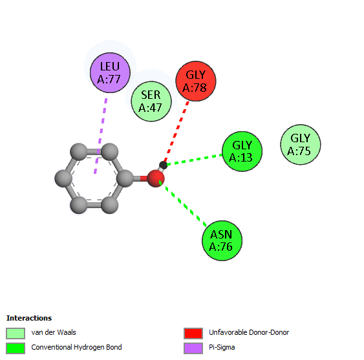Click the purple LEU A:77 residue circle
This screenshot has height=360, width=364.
click(x=110, y=72)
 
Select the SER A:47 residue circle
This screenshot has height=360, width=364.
click(x=151, y=101)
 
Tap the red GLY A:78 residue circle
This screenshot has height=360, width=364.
click(x=196, y=81)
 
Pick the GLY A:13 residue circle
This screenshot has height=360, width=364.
click(x=242, y=151)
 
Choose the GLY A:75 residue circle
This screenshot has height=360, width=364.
click(x=301, y=144)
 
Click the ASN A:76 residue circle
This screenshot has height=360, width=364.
click(x=222, y=240)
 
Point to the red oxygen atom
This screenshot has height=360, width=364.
click(x=156, y=178)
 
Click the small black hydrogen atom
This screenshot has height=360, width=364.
click(x=163, y=165)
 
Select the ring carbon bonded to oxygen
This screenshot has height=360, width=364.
click(x=125, y=178)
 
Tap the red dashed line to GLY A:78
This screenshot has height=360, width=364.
click(x=177, y=131)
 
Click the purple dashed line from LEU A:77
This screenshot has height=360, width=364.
click(x=100, y=136)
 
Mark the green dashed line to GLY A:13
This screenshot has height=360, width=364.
click(x=195, y=160)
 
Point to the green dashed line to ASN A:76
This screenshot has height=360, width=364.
click(x=183, y=204)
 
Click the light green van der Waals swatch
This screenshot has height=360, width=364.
click(x=16, y=334)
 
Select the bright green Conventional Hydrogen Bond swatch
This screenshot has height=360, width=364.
click(x=16, y=348)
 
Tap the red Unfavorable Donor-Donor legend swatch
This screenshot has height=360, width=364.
click(x=193, y=334)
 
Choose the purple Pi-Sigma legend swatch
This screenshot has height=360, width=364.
click(x=193, y=348)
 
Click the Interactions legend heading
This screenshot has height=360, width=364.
click(x=29, y=318)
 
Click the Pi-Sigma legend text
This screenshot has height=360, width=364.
click(x=222, y=347)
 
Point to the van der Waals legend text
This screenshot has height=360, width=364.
click(x=54, y=332)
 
